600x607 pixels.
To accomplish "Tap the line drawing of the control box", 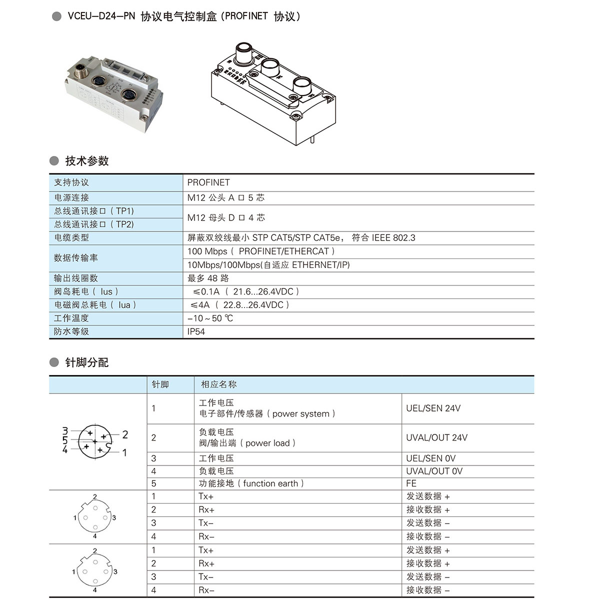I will tap(273, 95).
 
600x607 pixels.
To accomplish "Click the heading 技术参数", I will tap(86, 161).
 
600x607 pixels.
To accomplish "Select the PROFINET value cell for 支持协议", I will tap(208, 182).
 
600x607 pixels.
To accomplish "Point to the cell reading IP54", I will tap(196, 331).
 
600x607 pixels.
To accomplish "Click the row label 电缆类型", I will tap(71, 237).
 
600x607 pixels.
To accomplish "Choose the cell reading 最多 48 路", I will tap(208, 278).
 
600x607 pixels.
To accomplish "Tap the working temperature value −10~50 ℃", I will tap(210, 318).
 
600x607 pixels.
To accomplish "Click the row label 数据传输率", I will tap(76, 257).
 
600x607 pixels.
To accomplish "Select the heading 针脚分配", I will tap(86, 362).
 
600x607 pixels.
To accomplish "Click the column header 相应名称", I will tap(218, 384).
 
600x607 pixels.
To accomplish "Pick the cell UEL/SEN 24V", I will tap(433, 408).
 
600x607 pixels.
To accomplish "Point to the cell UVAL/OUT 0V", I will tap(434, 471).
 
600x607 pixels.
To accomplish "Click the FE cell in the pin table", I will tap(411, 483).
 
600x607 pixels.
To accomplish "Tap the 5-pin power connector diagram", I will tap(94, 440).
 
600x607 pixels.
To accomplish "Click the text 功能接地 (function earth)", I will tap(251, 483).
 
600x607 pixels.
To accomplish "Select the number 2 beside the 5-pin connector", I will tap(125, 434).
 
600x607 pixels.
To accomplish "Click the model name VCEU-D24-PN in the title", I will tap(101, 16).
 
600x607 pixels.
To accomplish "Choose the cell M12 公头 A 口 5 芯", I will tap(225, 197).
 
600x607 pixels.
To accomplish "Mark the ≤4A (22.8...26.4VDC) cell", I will tap(239, 304).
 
